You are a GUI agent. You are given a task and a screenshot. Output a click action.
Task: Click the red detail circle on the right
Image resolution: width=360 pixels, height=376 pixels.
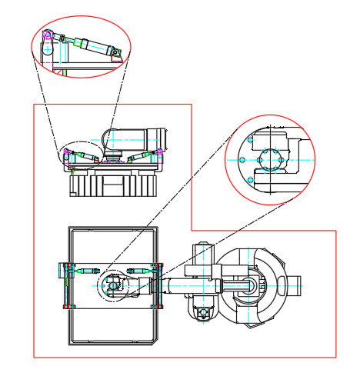pos(270,160)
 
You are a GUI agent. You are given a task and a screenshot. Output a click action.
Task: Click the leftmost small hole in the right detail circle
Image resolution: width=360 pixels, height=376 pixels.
pos(242,160)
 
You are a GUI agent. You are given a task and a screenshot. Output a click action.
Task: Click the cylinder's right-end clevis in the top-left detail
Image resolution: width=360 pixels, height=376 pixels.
pos(115,52)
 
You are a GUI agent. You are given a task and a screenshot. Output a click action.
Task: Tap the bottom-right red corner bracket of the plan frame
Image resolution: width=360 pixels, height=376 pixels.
pos(162,307)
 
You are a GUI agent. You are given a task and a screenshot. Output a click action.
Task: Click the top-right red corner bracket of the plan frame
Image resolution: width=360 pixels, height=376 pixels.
pos(162,265)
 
